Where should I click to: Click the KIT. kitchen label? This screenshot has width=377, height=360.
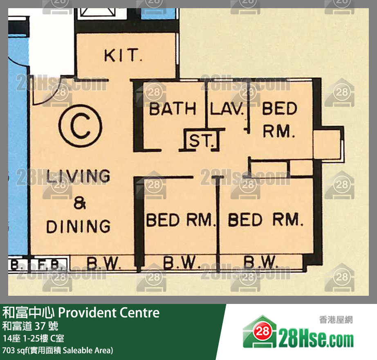123,55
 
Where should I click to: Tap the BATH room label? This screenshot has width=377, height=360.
173,109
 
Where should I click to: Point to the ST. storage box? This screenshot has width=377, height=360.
202,140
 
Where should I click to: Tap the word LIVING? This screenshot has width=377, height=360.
79,176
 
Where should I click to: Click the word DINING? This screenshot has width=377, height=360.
79,226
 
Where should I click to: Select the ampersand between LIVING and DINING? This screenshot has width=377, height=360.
80,203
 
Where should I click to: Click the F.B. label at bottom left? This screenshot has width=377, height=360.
48,265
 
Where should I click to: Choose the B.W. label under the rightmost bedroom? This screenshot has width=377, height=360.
260,261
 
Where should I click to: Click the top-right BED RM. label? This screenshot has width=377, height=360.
279,119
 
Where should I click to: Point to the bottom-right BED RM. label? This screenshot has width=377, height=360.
265,219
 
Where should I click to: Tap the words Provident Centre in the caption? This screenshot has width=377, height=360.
109,313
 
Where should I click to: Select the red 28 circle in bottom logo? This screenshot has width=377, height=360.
263,332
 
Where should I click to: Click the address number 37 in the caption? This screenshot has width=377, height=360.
40,326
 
